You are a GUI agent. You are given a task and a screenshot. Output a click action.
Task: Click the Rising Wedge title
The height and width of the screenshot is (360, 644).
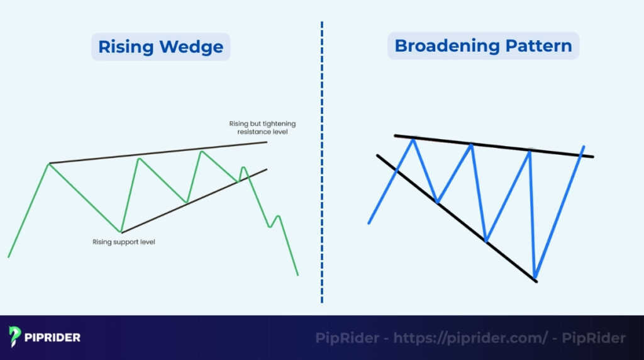click(160, 47)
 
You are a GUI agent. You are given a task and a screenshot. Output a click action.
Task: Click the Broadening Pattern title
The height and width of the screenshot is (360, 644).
click(483, 46)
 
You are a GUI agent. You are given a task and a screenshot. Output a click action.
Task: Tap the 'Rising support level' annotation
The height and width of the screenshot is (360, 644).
click(123, 242)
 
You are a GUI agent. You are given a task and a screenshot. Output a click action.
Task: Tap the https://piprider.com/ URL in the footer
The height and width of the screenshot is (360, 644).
click(469, 338)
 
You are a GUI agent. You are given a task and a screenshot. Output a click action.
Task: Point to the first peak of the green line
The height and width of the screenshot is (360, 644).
click(50, 164)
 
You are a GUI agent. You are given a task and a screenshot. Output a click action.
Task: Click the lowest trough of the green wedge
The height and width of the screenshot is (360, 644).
click(121, 232)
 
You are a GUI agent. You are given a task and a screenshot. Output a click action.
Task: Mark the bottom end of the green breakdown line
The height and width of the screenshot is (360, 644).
click(297, 274)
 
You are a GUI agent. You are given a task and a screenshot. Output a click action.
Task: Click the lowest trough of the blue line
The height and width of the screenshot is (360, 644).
click(535, 277)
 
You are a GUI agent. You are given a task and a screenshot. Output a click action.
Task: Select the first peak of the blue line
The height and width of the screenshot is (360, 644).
click(414, 140)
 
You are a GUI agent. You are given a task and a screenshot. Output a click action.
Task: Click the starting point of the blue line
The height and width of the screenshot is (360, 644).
click(369, 223)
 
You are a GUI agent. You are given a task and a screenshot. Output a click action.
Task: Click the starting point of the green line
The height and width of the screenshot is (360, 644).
click(8, 256)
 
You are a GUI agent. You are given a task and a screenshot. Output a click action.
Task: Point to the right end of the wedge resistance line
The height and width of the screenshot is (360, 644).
click(267, 142)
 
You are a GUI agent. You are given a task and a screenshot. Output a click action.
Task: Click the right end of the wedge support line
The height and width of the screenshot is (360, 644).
click(267, 169)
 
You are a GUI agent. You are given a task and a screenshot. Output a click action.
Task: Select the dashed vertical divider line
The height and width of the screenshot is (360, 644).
click(322, 164)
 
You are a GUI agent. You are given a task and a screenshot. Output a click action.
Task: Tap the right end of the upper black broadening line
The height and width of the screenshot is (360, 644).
click(592, 157)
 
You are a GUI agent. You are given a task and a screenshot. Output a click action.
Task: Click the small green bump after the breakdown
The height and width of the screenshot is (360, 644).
click(277, 217)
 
